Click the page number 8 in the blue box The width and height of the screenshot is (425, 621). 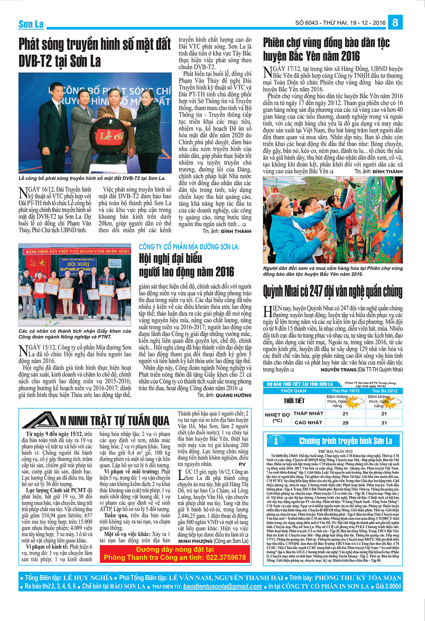(395, 23)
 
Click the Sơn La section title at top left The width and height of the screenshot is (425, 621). (31, 24)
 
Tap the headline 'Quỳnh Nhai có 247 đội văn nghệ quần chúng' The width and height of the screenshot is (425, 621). (333, 292)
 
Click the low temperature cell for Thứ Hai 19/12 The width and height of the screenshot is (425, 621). (345, 413)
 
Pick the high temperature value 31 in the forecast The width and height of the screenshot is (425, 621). (384, 423)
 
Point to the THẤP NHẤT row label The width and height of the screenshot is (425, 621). (308, 413)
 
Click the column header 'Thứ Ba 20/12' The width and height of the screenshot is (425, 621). (384, 391)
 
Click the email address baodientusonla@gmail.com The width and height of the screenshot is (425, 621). (222, 586)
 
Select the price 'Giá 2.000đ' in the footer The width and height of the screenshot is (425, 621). (389, 586)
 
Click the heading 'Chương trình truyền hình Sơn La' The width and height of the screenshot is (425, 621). (345, 441)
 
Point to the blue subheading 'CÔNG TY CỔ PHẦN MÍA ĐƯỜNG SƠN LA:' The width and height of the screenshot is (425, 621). (189, 247)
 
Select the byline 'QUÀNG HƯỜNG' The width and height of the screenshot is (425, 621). (233, 395)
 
